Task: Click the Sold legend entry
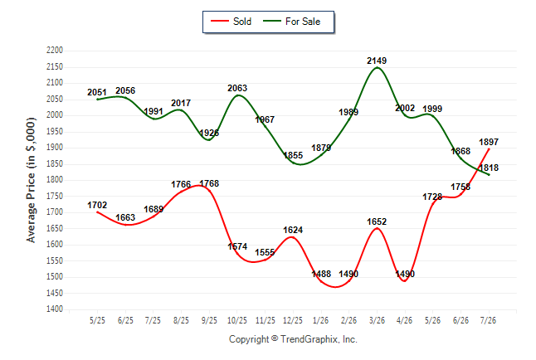pos(231,22)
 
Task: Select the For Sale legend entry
pos(291,22)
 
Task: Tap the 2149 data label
pos(377,61)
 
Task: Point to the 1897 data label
pos(489,142)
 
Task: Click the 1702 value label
pos(97,205)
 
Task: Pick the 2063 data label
pos(237,88)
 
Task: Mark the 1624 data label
pos(293,230)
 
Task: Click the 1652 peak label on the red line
pos(377,221)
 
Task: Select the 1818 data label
pos(489,168)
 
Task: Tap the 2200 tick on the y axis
pos(55,51)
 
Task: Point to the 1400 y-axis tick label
pos(55,309)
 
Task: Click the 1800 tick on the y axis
pos(55,180)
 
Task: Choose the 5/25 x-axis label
pos(97,320)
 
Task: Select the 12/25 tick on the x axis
pos(293,320)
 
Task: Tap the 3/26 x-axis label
pos(377,320)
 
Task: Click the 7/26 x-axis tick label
pos(488,320)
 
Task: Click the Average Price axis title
pos(31,180)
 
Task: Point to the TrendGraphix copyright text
pos(293,339)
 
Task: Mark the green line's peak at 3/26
pos(377,67)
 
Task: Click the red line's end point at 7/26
pos(489,148)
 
